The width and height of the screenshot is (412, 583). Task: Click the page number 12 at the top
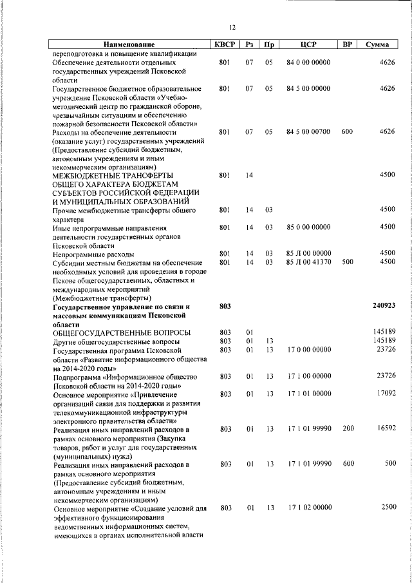[232, 27]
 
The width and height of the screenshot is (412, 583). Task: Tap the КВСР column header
[224, 45]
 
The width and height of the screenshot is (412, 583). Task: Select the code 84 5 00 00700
[308, 132]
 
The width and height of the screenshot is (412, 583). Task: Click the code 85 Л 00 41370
[308, 262]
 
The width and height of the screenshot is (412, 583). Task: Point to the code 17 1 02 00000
[308, 508]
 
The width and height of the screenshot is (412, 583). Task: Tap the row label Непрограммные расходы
[94, 253]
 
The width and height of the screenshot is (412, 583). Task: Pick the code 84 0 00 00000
[308, 62]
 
